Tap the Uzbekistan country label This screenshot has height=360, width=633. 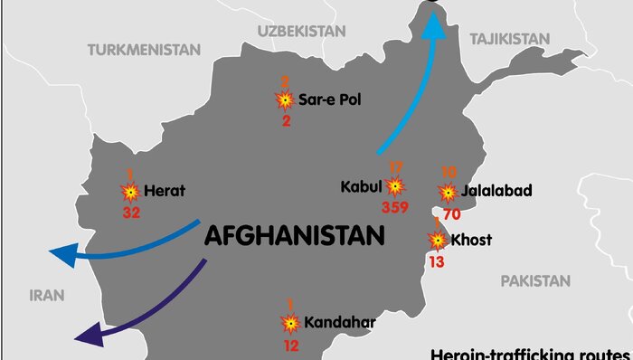(301, 31)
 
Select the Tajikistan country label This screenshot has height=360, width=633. (509, 38)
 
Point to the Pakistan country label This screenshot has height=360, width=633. (537, 280)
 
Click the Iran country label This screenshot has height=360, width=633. (47, 295)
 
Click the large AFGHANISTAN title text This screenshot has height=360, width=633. (295, 236)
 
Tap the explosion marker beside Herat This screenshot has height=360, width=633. (130, 192)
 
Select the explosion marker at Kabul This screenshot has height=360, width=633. (395, 187)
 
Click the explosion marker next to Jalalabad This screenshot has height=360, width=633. (448, 192)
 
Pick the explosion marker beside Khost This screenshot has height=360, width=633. (438, 240)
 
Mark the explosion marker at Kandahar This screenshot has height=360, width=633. (290, 323)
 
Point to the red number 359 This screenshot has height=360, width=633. (395, 207)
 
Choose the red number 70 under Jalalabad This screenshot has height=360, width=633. (452, 214)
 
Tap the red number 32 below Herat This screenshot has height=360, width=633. (132, 213)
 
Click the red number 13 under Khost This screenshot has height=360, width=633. (437, 262)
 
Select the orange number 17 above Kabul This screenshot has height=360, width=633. (395, 167)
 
